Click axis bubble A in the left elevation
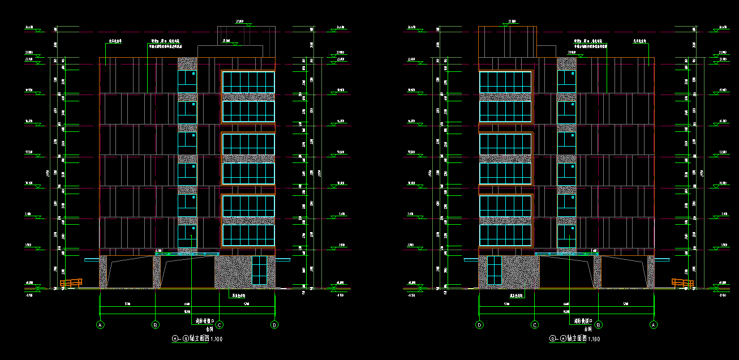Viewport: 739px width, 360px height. pos(100,325)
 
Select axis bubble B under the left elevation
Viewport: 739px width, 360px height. pos(156,325)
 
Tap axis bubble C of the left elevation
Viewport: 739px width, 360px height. pos(219,325)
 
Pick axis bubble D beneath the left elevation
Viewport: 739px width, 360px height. pos(274,325)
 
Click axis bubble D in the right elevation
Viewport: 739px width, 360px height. pos(479,325)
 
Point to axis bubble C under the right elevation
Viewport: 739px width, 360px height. pos(535,325)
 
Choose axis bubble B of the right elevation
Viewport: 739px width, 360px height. pos(599,325)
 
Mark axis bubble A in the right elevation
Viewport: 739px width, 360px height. pos(654,325)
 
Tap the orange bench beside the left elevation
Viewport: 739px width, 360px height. pos(71,282)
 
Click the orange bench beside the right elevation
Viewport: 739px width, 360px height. pos(682,282)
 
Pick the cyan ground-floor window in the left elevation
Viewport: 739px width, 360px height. pos(259,270)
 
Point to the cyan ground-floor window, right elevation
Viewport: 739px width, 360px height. pos(494,270)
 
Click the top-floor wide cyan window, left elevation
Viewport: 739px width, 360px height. pos(248,82)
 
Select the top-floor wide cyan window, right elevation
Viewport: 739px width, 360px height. pos(505,82)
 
